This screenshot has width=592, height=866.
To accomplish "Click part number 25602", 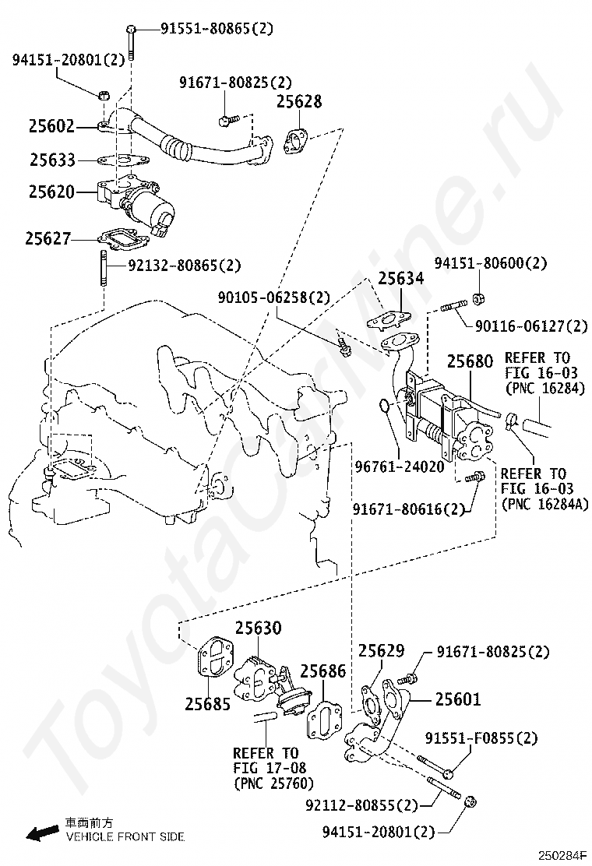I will pos(52,125).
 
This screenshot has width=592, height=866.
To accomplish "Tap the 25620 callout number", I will pos(52,191).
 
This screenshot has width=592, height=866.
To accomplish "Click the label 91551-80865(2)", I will pos(217,30).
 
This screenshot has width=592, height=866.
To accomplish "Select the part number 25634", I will pos(402,279).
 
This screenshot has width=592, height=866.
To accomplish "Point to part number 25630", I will pos(259,628).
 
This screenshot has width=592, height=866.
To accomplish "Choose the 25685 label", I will pos(208,704).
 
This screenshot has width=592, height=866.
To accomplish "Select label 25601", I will pos(458,700).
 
